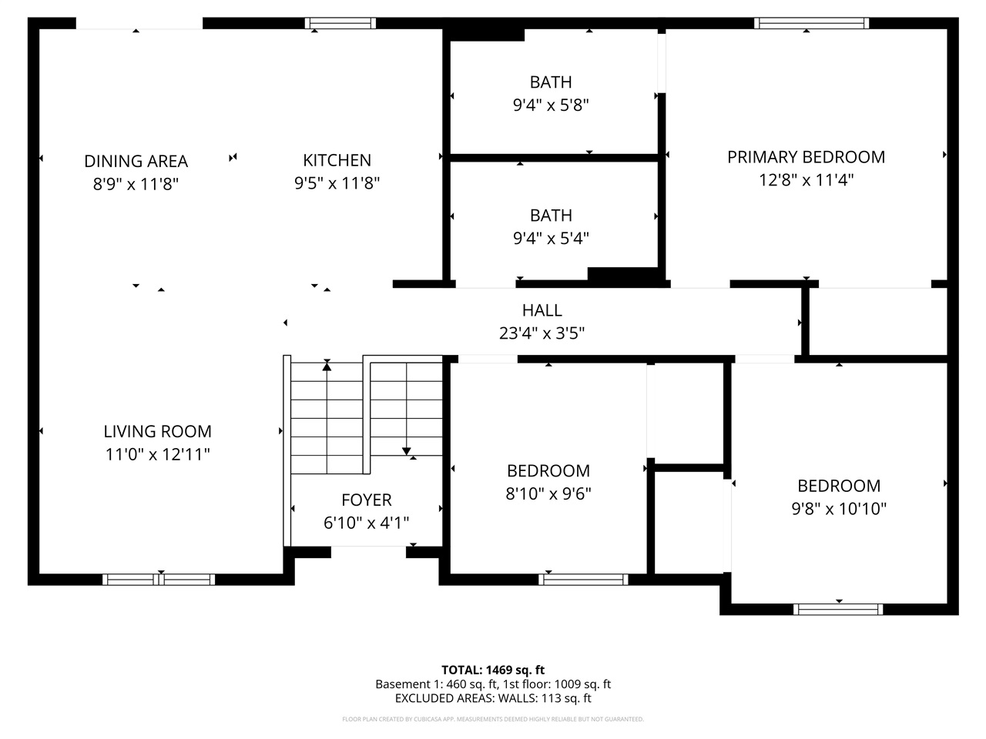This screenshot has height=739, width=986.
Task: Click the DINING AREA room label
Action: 136,161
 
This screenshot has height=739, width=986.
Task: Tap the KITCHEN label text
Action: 337,160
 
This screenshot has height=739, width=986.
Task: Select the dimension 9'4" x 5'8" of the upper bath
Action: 551,105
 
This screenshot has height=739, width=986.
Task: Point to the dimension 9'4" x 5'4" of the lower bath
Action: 551,239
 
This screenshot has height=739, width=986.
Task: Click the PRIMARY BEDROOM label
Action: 806,157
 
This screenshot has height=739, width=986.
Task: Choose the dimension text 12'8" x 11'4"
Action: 806,180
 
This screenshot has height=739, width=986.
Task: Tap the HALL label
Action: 542,310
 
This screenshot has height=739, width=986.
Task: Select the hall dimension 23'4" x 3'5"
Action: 542,333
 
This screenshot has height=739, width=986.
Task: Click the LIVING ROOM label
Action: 157,432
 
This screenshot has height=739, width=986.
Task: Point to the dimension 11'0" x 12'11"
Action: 157,455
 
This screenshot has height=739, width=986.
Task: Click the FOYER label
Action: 367,500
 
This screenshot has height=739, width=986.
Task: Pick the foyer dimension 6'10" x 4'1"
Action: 367,523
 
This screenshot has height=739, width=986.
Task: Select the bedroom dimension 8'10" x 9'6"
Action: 548,493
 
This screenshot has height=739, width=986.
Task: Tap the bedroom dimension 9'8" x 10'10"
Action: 839,509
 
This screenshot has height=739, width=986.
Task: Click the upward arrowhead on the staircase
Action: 327,366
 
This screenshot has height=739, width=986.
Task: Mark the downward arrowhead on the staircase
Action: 406,451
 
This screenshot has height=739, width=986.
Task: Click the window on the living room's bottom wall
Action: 159,580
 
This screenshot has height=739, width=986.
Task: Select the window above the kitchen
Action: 340,23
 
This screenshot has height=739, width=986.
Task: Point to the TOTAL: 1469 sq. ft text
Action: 492,670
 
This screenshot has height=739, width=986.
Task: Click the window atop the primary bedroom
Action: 812,23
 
